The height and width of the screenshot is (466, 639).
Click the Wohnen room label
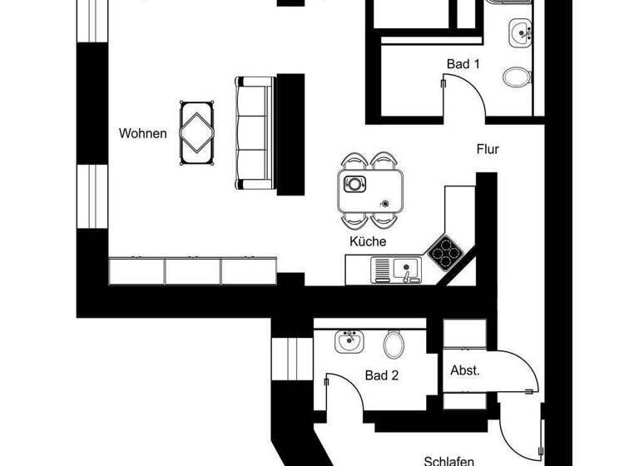point(143,133)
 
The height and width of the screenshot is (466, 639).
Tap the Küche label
point(368,242)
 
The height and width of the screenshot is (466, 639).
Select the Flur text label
point(488,150)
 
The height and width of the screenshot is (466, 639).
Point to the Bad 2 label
point(382,375)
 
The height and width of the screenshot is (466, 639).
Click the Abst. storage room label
point(464,370)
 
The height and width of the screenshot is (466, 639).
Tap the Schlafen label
point(448,460)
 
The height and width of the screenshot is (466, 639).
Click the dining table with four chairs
point(371,191)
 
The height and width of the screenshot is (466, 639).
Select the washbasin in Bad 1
point(521,34)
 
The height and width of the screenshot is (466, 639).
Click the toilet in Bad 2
point(394,342)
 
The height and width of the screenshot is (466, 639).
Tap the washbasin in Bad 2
point(349,340)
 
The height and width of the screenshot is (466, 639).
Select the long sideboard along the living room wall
point(192,271)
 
